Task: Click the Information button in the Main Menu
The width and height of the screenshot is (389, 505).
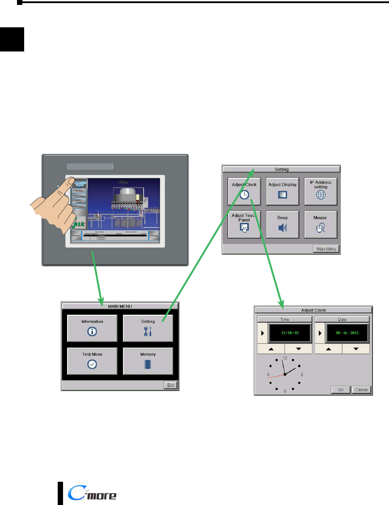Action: (92, 328)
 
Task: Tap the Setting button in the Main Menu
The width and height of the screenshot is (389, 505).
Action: (148, 328)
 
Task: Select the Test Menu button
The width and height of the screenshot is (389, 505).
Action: (92, 360)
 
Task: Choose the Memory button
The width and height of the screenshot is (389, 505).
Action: (148, 360)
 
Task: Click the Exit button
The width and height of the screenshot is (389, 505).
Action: (171, 385)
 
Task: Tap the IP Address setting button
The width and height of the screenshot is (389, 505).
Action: (321, 192)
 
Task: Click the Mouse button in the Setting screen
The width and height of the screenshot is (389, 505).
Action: (321, 224)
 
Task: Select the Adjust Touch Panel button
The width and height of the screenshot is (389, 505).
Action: (244, 224)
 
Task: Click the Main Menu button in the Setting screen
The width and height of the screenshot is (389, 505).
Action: (326, 249)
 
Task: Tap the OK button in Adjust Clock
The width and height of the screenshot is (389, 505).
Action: (341, 389)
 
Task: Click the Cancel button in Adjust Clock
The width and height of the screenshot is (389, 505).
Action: (361, 389)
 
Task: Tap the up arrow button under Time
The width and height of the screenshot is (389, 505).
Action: (271, 349)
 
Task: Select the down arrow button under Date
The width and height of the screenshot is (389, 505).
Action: (356, 349)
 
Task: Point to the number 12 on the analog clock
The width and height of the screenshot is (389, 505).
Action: (285, 358)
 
